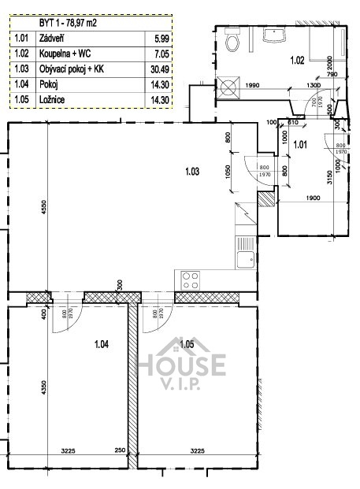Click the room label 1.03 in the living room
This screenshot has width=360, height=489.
pos(191,170)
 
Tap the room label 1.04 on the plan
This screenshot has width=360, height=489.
pos(101,343)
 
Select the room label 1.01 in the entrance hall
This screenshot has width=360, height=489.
pos(300,144)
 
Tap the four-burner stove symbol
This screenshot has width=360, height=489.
pos(191,277)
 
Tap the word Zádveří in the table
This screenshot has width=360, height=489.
pos(51,37)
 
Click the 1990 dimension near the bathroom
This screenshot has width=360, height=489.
pos(251,85)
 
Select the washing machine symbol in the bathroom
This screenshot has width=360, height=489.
pos(232,86)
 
